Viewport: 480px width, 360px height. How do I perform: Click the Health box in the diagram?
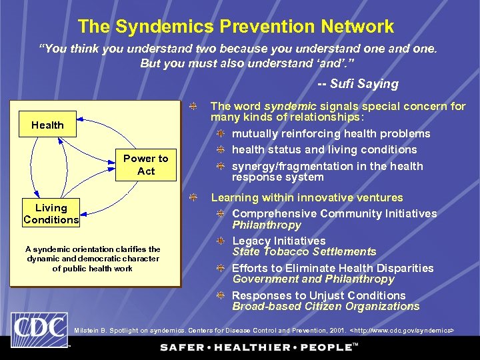point(47,125)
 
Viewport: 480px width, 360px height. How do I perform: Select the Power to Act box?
point(146,165)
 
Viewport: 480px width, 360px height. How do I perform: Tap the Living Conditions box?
point(51,214)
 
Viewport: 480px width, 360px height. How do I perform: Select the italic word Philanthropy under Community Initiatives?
point(266,225)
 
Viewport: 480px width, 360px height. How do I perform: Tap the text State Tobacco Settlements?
point(304,252)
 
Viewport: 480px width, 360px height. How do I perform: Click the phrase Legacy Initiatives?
point(279,241)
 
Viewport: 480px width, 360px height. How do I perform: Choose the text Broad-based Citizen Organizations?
point(325,307)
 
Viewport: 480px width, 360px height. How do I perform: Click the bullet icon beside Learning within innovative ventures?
point(192,198)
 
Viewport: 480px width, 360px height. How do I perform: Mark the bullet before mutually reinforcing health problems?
point(219,134)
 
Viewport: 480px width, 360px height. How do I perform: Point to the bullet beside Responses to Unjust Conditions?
point(219,295)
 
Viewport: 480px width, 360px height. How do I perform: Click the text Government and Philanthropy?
point(313,279)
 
